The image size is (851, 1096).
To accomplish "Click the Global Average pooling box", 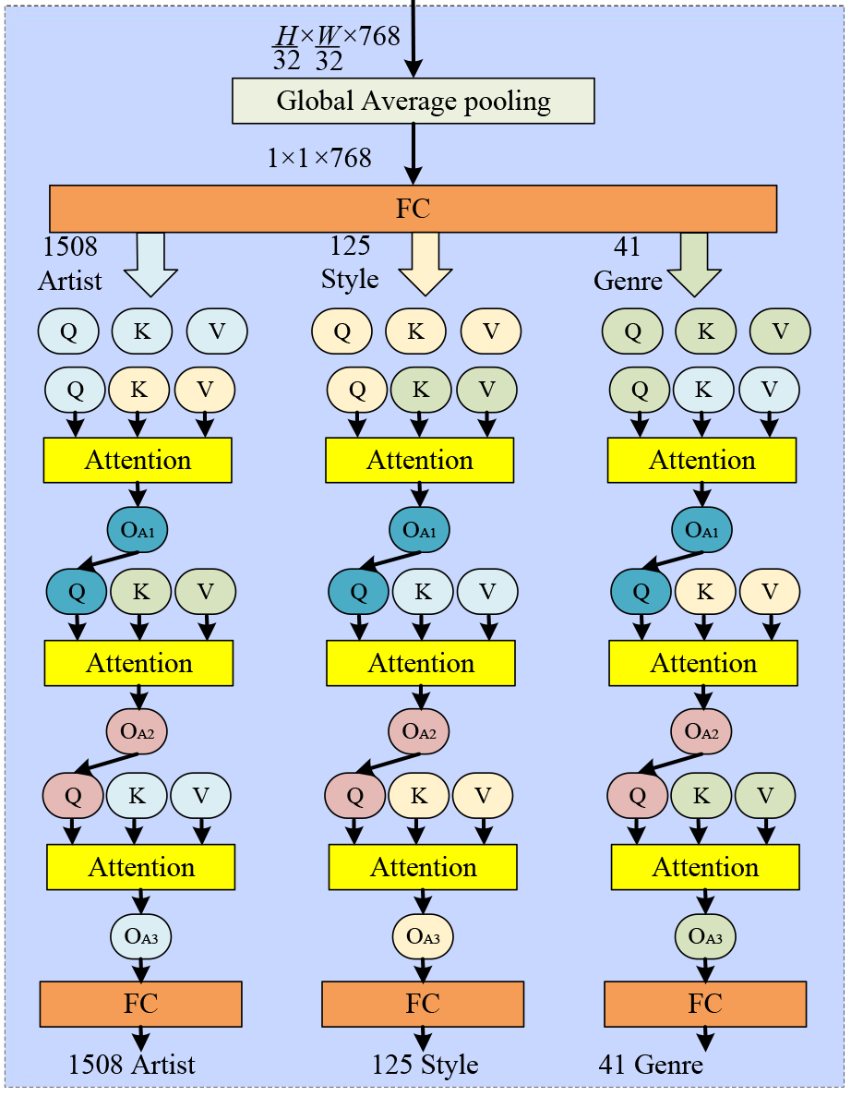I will (413, 101).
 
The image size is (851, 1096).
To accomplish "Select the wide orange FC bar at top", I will (413, 209).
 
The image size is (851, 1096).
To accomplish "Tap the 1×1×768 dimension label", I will (319, 159).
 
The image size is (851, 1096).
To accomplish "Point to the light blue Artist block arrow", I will (150, 262).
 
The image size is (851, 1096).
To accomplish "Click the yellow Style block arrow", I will (425, 262).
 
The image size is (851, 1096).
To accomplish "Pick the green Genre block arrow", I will (694, 262).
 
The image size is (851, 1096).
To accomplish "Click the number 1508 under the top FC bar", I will (70, 247).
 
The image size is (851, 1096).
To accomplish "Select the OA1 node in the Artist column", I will (138, 530).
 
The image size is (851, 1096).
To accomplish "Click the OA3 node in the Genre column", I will (706, 937).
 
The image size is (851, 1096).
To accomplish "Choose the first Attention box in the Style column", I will (420, 460).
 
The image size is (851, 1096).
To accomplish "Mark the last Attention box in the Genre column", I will (706, 867).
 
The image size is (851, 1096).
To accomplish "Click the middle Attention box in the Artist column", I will (138, 663).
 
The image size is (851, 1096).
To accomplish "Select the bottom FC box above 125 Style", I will (423, 1004).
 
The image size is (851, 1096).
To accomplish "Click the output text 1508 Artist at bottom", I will (132, 1065).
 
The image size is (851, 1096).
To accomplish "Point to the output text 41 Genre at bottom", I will (651, 1065).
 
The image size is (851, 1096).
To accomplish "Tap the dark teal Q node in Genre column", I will (640, 591).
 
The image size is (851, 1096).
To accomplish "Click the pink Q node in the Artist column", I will (73, 794).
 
